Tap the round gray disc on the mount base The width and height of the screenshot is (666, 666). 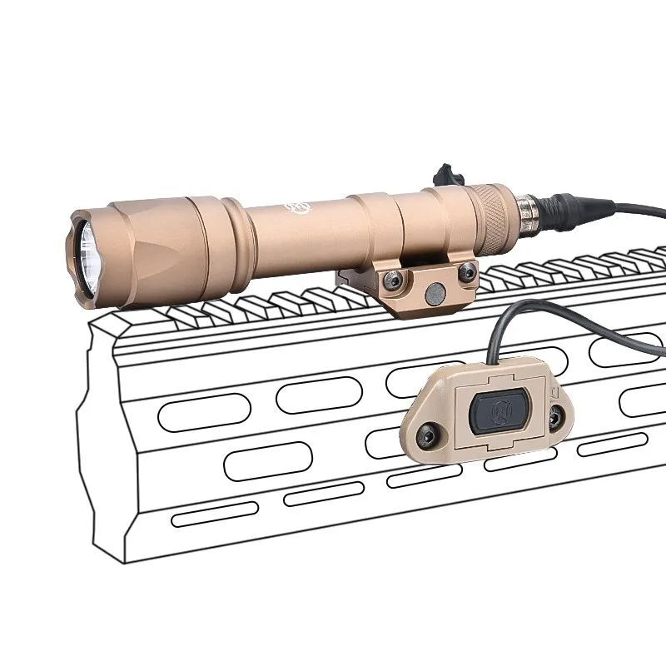[433, 293]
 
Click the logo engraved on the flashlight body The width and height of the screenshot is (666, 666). [297, 206]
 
